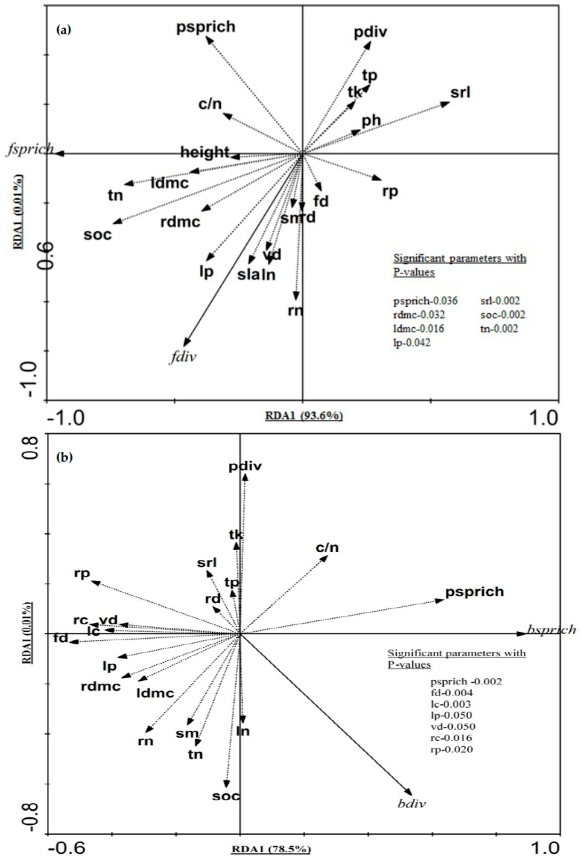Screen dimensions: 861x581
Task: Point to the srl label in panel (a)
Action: click(x=460, y=93)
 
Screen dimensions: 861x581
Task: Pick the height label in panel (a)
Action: click(x=205, y=152)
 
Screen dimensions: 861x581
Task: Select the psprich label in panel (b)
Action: click(x=474, y=592)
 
